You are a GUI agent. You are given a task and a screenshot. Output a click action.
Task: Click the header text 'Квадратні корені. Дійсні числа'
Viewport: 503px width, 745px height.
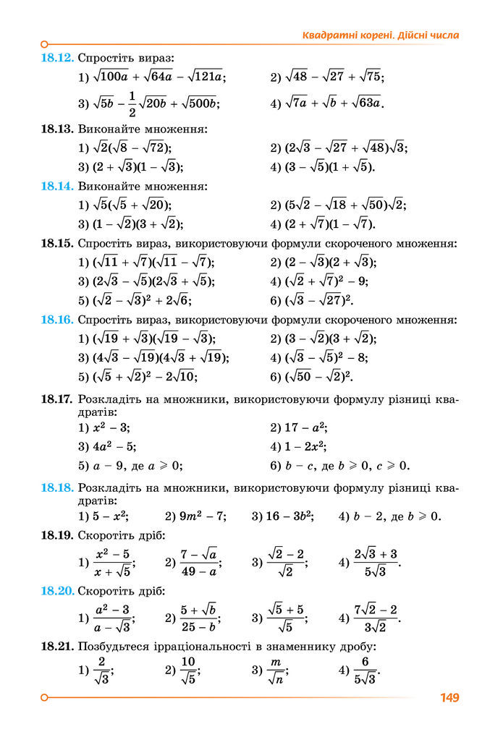tap(381, 35)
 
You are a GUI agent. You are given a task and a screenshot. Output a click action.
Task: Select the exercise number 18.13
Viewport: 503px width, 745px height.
tap(57, 129)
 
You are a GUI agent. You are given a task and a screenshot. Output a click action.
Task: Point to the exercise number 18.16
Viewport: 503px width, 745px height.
tap(57, 320)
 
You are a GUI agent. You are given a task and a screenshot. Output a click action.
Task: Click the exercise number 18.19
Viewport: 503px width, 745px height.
tap(57, 535)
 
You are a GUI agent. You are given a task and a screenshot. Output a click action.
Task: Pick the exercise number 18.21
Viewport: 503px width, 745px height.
tap(57, 646)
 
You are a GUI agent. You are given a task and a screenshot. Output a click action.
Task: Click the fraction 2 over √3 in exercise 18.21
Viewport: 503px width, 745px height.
tap(102, 670)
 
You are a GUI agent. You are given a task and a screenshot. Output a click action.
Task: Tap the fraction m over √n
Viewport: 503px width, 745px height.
tap(274, 670)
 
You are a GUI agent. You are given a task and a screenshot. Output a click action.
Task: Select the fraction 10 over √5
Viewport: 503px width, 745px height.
tap(188, 670)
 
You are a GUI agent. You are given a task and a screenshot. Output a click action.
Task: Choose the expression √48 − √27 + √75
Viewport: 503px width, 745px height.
tap(333, 77)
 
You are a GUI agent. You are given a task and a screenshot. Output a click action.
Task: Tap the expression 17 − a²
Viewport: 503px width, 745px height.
tap(308, 427)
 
